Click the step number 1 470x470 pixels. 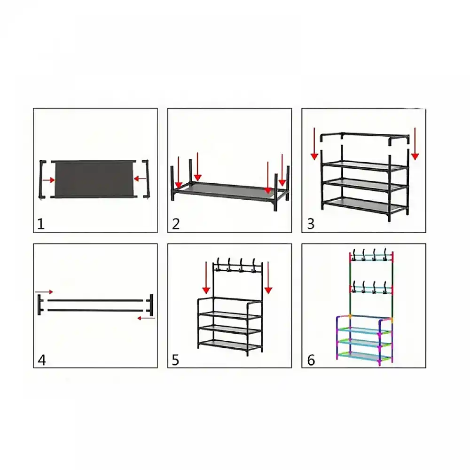pos(41,224)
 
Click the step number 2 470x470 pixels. pos(176,224)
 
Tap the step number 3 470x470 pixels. pos(311,224)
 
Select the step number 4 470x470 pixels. pos(42,360)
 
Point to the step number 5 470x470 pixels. pos(175,360)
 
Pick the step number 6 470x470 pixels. pos(311,360)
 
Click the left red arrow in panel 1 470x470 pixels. pos(48,180)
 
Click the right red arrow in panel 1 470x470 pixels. pos(140,179)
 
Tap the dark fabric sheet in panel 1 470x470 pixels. pos(94,179)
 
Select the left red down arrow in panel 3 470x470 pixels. pos(314,143)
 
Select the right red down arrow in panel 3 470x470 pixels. pos(415,143)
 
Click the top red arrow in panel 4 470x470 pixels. pos(44,292)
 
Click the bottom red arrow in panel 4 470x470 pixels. pos(146,318)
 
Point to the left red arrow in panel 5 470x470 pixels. pos(206,278)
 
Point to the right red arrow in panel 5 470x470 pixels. pos(268,278)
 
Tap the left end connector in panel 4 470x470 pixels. pos(39,305)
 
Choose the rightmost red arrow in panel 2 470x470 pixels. pos(282,170)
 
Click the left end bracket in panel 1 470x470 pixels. pos(42,179)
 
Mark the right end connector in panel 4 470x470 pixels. pos(151,305)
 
